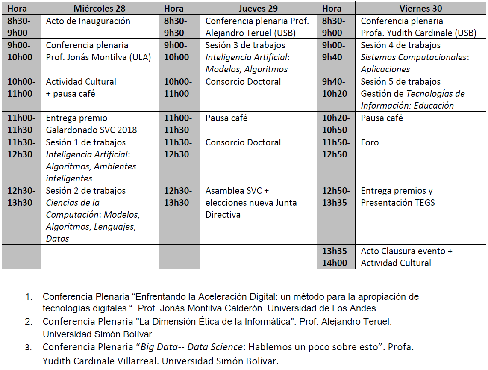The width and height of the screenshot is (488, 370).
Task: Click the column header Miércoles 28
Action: coord(100,9)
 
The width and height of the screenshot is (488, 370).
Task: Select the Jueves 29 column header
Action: coord(258,9)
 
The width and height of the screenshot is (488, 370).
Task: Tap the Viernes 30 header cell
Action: coord(420,9)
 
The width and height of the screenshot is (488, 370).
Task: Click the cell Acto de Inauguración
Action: coord(88,21)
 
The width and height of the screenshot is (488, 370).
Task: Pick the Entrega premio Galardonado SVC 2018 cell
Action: coord(91,124)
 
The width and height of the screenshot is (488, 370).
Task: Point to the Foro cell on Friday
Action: coord(370,143)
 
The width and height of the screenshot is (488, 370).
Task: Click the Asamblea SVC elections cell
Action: coord(251,203)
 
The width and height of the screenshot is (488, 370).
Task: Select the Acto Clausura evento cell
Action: coord(406,257)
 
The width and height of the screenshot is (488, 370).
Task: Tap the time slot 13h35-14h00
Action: coord(336,257)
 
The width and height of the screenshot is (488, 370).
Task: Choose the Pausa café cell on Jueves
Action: coord(226,118)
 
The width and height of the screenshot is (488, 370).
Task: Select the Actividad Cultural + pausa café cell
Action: coord(81,88)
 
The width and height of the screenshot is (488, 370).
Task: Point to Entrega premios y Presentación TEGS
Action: coord(397,197)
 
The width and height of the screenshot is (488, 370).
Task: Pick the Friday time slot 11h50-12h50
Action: coord(336,148)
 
